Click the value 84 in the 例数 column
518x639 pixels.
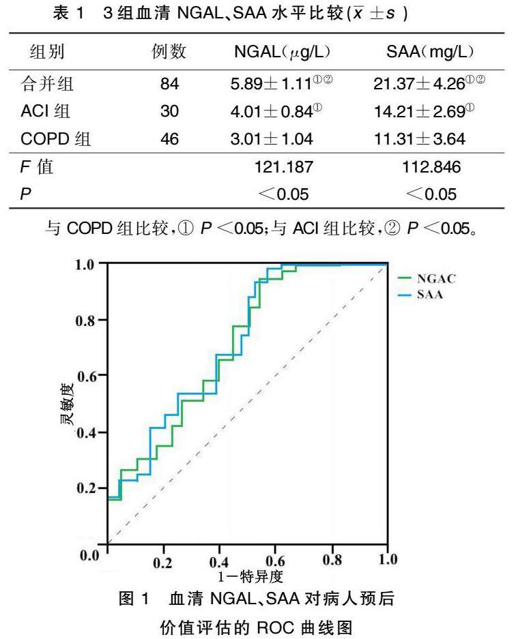pos(169,85)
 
